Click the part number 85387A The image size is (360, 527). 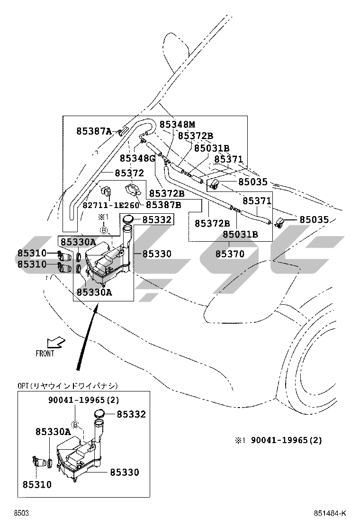pos(94,131)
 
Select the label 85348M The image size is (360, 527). pos(177,125)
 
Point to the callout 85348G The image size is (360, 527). pos(137,158)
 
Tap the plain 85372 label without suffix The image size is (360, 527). pos(128,173)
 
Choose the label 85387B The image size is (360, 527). pos(163,205)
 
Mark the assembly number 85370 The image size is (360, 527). pos(230,254)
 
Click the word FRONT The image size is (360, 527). pos(45,353)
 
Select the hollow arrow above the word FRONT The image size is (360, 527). pos(56,342)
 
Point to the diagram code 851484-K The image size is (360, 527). pos(329,513)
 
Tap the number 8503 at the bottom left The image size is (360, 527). pos(21,513)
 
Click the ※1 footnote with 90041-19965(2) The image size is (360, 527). pos(278,440)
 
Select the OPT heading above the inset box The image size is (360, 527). pos(68,386)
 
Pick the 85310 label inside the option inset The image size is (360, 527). pos(37,485)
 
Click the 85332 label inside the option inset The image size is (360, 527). pos(131,415)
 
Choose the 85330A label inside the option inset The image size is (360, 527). pos(53,432)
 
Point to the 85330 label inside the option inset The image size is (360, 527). pos(125,472)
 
